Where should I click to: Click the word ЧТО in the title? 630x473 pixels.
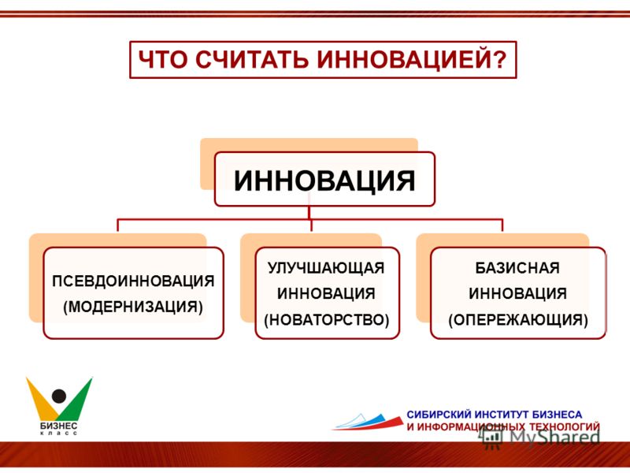[163, 60]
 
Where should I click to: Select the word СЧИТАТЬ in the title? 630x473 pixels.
[252, 60]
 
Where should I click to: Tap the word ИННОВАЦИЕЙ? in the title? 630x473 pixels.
[412, 60]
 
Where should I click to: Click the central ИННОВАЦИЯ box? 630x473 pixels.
[324, 180]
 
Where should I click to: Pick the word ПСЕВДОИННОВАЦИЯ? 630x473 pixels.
[133, 281]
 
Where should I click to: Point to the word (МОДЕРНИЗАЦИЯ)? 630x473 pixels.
[133, 307]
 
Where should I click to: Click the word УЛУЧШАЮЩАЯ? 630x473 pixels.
[326, 268]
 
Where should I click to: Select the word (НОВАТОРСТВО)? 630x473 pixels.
[327, 320]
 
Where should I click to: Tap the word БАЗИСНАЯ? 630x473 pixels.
[517, 268]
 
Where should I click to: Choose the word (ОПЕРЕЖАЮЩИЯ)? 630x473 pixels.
[518, 320]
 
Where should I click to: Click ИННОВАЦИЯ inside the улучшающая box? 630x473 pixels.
[326, 293]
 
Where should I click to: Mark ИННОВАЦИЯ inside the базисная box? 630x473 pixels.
[517, 293]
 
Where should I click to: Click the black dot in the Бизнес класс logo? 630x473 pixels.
[59, 397]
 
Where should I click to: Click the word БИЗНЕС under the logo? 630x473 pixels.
[58, 426]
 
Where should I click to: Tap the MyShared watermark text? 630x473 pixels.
[555, 438]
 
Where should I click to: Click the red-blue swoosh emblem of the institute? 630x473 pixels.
[368, 422]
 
